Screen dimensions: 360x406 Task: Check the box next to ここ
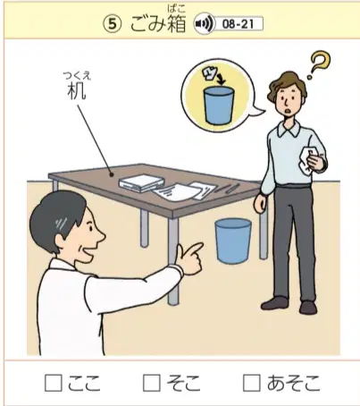click(x=54, y=383)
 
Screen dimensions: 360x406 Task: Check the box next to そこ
click(x=152, y=383)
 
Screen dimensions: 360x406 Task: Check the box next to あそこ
click(x=252, y=383)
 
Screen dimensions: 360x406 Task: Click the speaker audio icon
click(x=204, y=24)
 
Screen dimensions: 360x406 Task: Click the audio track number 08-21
click(x=238, y=24)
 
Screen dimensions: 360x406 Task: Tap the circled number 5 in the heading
click(x=113, y=24)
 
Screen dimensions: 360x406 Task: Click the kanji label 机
click(x=77, y=91)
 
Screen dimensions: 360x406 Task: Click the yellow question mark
click(x=320, y=64)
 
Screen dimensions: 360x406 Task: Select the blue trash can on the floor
click(x=233, y=241)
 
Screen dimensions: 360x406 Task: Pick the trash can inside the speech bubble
click(x=218, y=106)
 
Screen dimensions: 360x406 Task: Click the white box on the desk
click(x=142, y=182)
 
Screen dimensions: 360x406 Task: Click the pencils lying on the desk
click(x=227, y=189)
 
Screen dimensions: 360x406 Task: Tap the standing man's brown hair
click(x=288, y=85)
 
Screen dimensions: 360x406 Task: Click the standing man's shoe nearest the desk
click(x=274, y=303)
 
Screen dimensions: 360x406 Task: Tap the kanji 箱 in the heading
click(x=177, y=24)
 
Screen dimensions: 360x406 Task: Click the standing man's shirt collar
click(x=288, y=129)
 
